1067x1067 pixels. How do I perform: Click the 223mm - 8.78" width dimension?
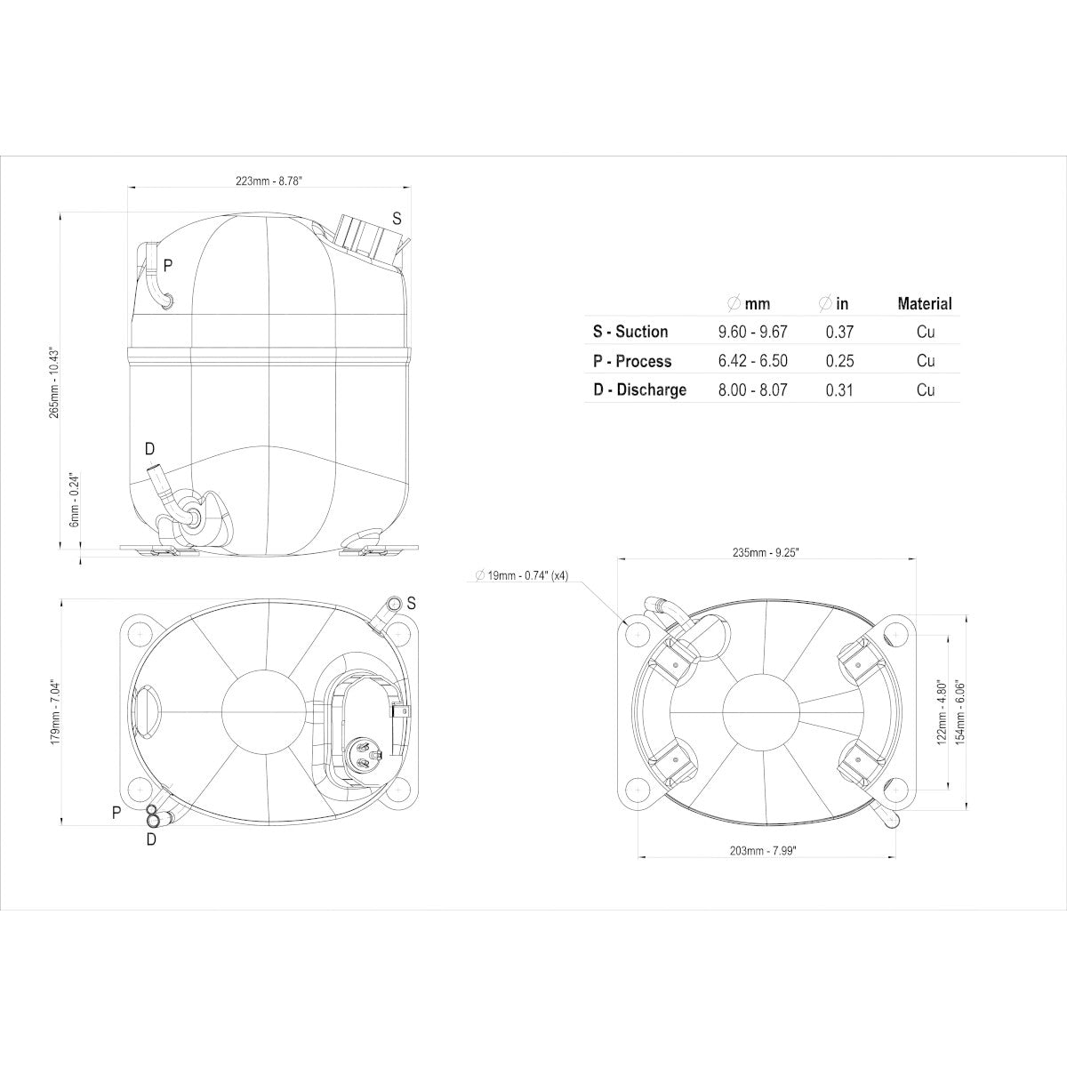tap(269, 181)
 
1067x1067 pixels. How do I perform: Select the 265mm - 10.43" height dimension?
tap(54, 382)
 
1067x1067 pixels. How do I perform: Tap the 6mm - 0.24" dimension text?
tap(76, 500)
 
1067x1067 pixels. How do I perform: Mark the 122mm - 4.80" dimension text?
tap(941, 712)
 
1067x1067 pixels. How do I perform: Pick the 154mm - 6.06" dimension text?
tap(959, 712)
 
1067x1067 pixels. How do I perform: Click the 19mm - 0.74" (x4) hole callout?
tap(522, 576)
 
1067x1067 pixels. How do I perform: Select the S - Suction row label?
tap(630, 332)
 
